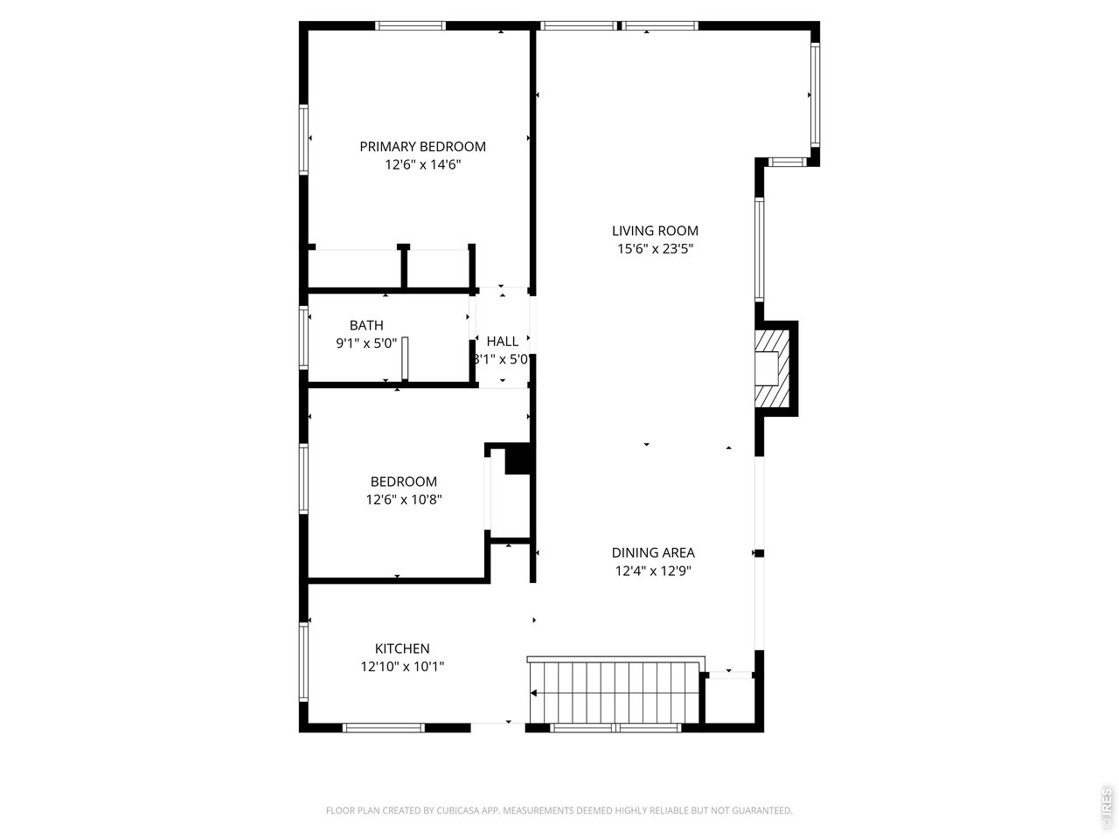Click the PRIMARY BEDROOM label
(x=422, y=146)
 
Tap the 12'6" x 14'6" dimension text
(x=422, y=164)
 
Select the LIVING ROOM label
(x=655, y=231)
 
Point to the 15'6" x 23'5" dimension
(x=655, y=249)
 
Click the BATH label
(x=366, y=325)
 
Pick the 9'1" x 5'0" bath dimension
(x=366, y=343)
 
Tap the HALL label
(x=502, y=341)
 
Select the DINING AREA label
(x=653, y=552)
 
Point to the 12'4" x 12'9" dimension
(x=653, y=571)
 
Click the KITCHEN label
(x=402, y=648)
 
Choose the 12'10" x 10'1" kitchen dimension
(x=402, y=667)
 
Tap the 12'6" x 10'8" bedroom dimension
(x=403, y=500)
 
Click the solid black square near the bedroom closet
(x=518, y=460)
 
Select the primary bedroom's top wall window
(x=410, y=25)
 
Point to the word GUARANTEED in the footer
(x=759, y=811)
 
